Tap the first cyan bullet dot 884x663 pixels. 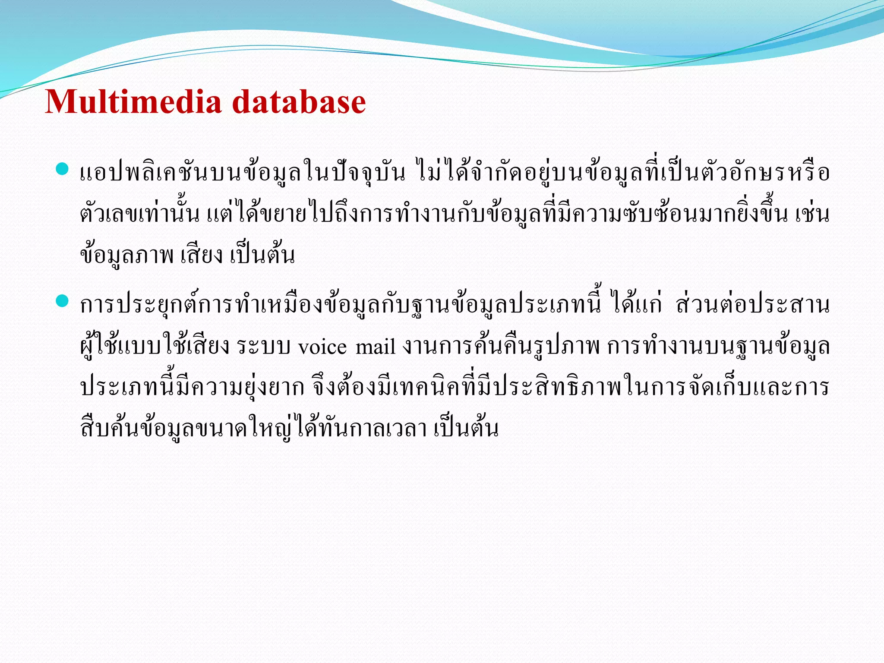[x=63, y=169]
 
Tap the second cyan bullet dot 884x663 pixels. [x=63, y=301]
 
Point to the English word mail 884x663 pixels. [x=376, y=347]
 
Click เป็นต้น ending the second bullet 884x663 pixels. [x=466, y=429]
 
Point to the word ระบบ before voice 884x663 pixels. [x=264, y=347]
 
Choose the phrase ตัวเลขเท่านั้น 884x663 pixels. [x=140, y=215]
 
